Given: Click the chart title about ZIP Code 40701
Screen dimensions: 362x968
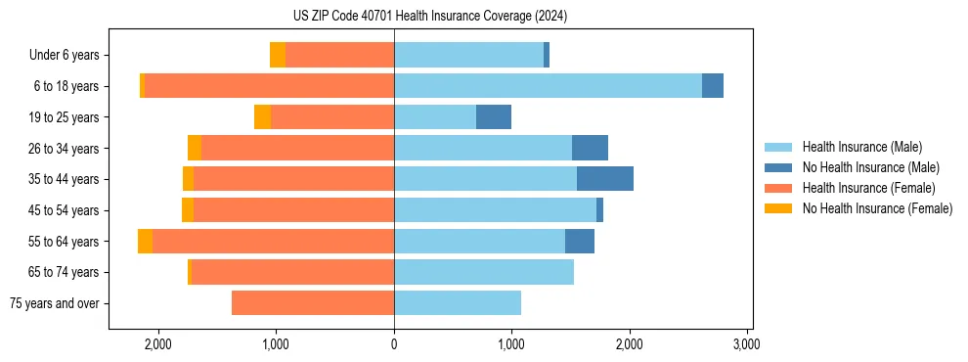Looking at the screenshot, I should (x=429, y=16).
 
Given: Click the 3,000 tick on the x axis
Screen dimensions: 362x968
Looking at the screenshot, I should (x=747, y=344).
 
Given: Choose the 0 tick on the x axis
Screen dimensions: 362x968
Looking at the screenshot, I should (x=394, y=344).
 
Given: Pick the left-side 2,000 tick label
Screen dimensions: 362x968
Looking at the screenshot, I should (x=158, y=344).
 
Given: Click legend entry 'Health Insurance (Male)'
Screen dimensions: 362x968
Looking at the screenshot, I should (x=861, y=147).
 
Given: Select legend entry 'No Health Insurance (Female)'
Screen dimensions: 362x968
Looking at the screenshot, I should (x=877, y=208).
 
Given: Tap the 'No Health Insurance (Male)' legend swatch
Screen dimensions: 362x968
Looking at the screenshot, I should (x=779, y=167).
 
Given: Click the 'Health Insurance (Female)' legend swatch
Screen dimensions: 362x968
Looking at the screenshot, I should (x=779, y=188).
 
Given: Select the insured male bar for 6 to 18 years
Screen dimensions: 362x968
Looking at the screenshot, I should (x=548, y=86).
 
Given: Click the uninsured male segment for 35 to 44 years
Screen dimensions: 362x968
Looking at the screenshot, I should (x=604, y=179).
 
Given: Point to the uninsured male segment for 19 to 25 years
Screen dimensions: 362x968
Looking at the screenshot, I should (x=494, y=117).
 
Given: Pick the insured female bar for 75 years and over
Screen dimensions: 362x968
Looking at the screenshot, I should (x=313, y=303).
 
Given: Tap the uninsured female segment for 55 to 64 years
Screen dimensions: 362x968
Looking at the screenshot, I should (x=145, y=241).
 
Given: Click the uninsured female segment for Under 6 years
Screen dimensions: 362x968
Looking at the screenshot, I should (x=278, y=55).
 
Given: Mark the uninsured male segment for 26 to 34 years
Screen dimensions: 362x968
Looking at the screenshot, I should (x=590, y=148).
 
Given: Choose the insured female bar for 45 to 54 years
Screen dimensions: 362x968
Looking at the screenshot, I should (x=293, y=210).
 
